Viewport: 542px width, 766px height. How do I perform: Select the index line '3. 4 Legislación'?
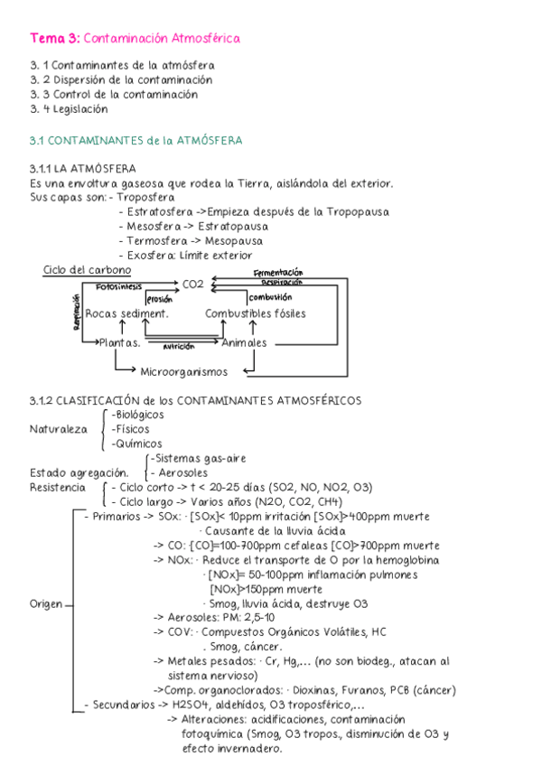69,109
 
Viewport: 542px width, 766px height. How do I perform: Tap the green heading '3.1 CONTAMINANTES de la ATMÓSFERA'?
135,141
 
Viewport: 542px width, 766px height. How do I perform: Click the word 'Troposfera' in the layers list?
146,197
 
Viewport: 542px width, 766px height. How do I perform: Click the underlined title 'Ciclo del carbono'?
87,270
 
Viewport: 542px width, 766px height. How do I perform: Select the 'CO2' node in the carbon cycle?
193,284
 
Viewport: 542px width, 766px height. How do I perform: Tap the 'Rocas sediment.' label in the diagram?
127,313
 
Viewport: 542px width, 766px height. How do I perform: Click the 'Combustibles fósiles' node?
255,313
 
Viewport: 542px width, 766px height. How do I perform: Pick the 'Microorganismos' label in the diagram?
184,371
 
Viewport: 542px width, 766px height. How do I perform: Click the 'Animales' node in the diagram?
244,343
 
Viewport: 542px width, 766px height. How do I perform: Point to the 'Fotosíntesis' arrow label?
119,285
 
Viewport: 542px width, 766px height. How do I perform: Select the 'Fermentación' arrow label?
278,273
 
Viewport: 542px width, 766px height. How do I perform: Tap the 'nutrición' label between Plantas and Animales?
179,346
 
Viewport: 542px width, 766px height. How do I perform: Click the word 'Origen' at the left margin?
46,604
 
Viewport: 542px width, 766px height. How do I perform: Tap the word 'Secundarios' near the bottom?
121,705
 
